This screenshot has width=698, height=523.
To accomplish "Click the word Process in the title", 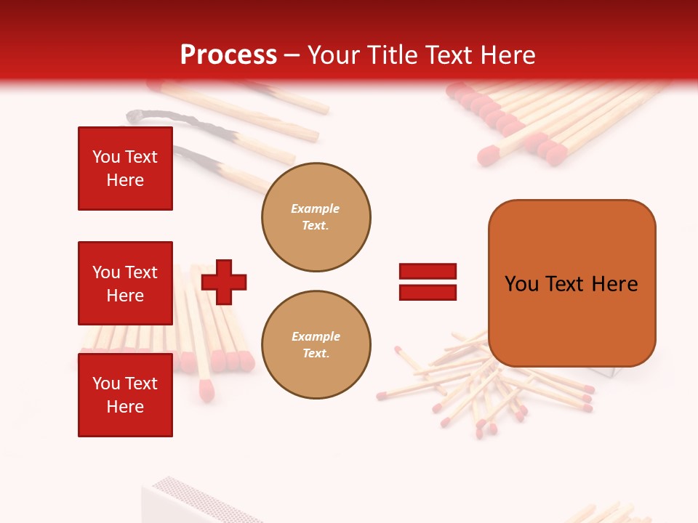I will pyautogui.click(x=228, y=55).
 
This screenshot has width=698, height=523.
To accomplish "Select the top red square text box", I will pyautogui.click(x=125, y=169).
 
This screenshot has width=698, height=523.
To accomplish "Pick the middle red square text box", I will pyautogui.click(x=125, y=283).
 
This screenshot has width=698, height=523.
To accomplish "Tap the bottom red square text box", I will pyautogui.click(x=125, y=395).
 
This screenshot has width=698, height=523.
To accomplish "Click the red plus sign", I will pyautogui.click(x=224, y=282).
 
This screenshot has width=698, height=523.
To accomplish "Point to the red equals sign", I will pyautogui.click(x=428, y=282).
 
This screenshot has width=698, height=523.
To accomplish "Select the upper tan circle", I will pyautogui.click(x=316, y=217).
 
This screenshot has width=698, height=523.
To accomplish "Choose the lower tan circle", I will pyautogui.click(x=316, y=345).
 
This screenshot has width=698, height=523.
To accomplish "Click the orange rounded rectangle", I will pyautogui.click(x=571, y=283).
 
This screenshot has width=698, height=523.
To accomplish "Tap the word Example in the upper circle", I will pyautogui.click(x=316, y=208).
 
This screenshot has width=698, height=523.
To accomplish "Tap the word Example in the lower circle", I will pyautogui.click(x=316, y=336).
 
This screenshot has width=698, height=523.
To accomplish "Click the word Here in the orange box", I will pyautogui.click(x=614, y=284).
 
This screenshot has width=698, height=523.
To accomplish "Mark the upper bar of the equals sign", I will pyautogui.click(x=428, y=271).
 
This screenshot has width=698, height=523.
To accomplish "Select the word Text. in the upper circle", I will pyautogui.click(x=316, y=226).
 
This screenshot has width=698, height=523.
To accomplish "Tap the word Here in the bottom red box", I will pyautogui.click(x=125, y=407).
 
